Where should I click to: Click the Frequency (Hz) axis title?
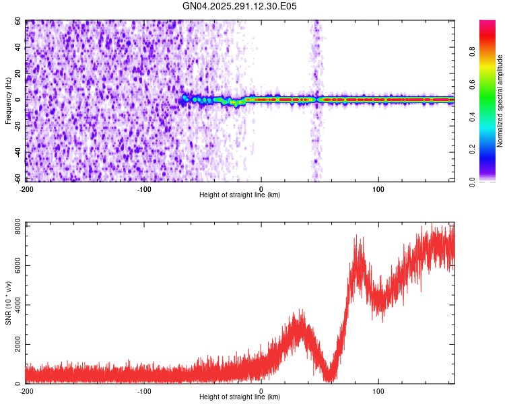click(9, 101)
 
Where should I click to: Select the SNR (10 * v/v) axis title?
click(9, 302)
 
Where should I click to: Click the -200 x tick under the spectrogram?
click(27, 188)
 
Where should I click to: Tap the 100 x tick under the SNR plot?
click(378, 391)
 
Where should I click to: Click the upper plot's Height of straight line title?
click(240, 195)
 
